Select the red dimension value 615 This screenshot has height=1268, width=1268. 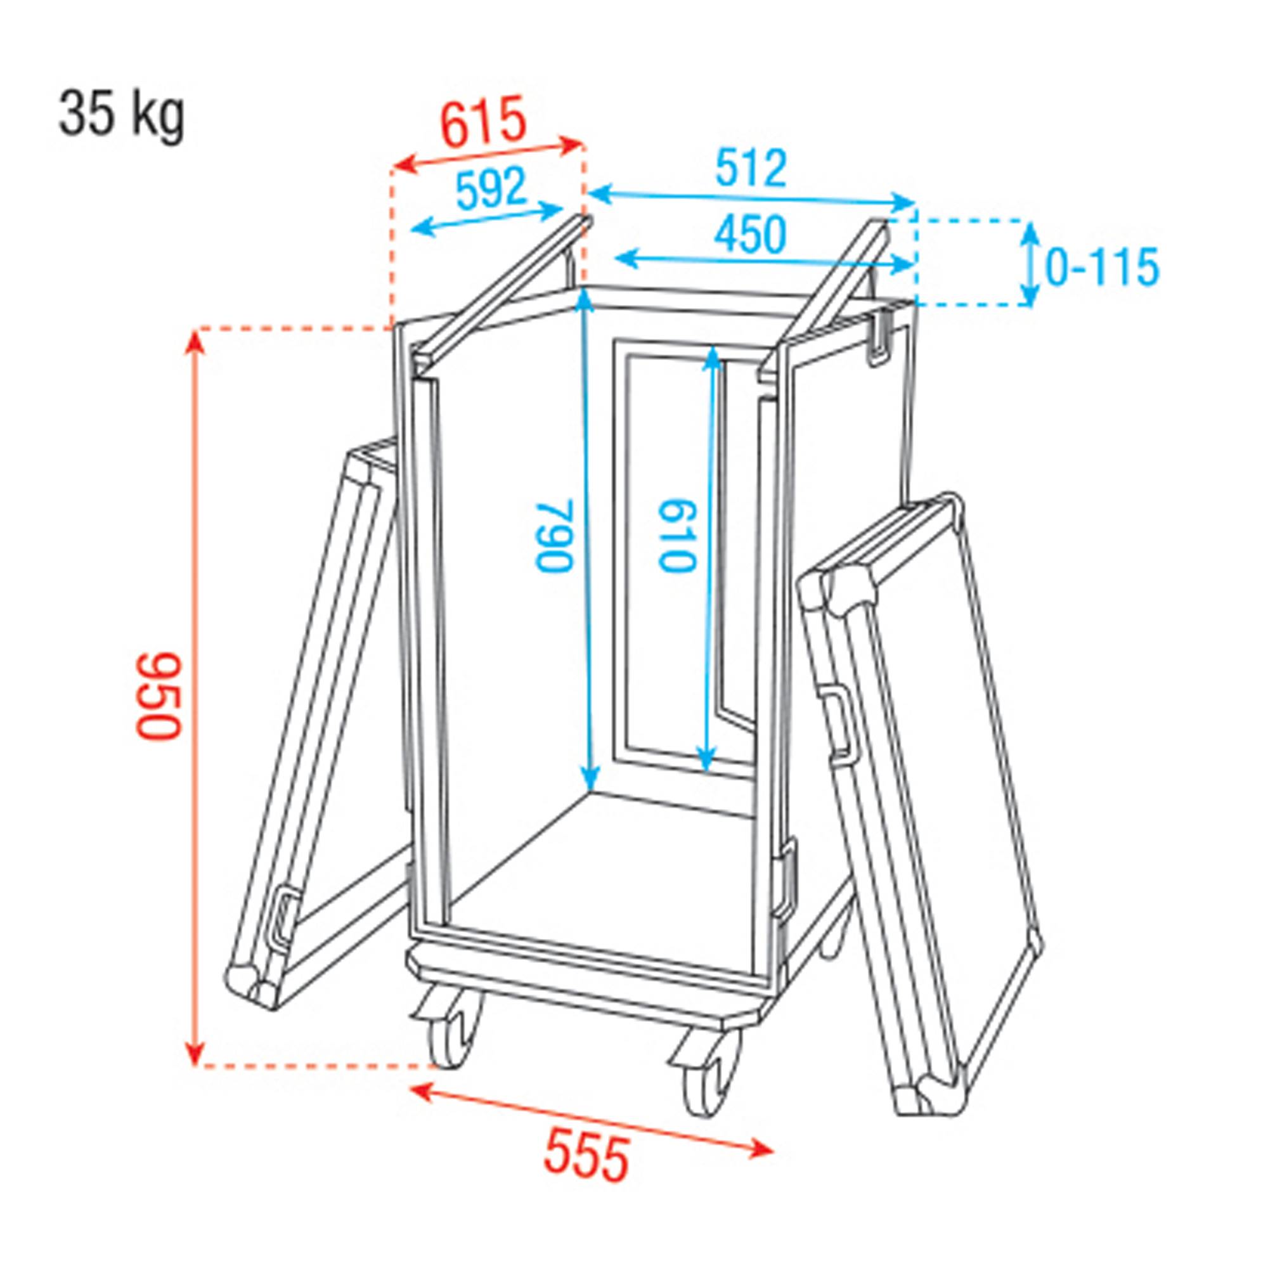point(484,122)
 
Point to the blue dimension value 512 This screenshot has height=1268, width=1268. point(751,169)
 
